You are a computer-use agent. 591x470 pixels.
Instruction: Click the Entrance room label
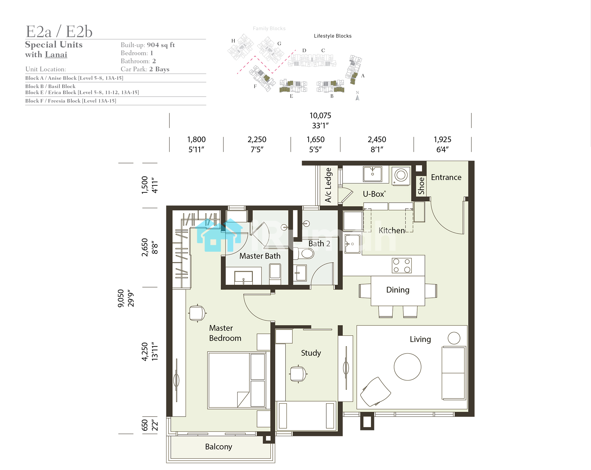[446, 177]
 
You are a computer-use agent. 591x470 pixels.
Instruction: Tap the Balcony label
[219, 447]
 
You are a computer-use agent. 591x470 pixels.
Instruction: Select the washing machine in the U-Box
[401, 175]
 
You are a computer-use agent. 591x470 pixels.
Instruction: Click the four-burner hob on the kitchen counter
[402, 265]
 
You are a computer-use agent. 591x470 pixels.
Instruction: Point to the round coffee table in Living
[407, 367]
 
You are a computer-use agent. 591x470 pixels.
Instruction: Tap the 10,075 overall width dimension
[320, 116]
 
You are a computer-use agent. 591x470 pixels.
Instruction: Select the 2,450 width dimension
[377, 139]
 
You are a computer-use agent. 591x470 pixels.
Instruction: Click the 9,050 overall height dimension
[121, 298]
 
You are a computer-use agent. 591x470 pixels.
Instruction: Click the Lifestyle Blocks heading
[333, 36]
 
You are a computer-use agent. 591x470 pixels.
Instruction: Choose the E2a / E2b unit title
[59, 31]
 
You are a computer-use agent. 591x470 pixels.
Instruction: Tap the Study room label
[311, 353]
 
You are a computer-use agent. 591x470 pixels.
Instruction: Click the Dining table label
[398, 290]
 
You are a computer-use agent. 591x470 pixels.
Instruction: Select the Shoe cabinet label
[421, 186]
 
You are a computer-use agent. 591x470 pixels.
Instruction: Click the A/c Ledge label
[329, 185]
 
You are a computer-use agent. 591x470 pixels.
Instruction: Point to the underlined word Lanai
[56, 55]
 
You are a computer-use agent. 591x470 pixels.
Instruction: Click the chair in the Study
[298, 374]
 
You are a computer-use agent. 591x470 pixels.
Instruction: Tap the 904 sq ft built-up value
[161, 45]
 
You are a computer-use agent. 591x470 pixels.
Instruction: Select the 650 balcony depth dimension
[144, 425]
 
